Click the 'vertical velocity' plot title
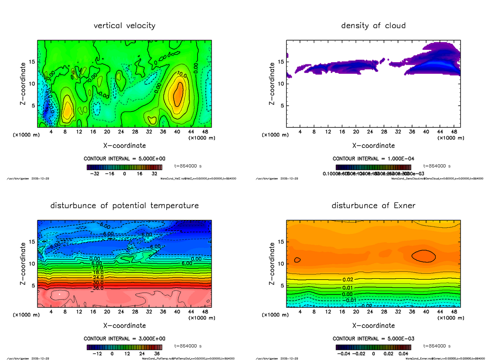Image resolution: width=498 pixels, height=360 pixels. click(124, 26)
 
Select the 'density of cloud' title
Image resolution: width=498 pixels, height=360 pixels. click(373, 26)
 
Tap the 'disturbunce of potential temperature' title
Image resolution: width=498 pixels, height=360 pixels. click(124, 206)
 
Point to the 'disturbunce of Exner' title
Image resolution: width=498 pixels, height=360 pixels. click(373, 206)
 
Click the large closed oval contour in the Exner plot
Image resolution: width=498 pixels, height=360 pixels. click(423, 256)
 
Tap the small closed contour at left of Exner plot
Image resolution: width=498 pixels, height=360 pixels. click(297, 260)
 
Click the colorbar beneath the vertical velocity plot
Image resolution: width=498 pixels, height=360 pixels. click(124, 167)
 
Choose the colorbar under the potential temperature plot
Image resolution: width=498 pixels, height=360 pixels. click(124, 347)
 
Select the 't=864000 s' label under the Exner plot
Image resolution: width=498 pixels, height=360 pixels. click(437, 346)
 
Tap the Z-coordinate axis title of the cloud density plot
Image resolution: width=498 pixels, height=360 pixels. click(272, 84)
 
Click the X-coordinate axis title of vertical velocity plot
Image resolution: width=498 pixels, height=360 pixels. click(124, 146)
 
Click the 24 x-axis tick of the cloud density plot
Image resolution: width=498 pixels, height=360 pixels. click(370, 132)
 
